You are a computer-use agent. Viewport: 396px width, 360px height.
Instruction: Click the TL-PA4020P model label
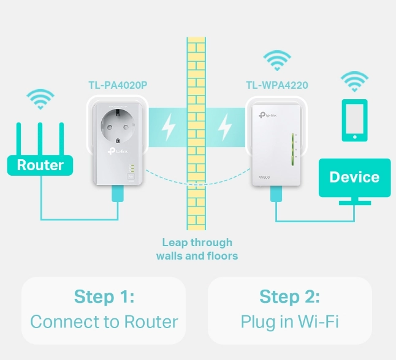(118, 85)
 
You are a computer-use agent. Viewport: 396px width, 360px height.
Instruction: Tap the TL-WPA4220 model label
(277, 85)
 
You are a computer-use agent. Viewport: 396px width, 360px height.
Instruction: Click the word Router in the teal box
(40, 165)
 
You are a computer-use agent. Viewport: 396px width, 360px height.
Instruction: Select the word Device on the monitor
(354, 177)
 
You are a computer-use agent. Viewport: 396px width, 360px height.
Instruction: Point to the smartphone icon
(354, 120)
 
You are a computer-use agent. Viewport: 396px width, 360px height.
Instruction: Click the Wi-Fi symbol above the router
(40, 99)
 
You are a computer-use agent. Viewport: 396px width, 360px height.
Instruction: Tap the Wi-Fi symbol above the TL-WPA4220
(277, 61)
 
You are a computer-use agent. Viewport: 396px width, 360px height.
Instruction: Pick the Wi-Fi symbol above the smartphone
(354, 81)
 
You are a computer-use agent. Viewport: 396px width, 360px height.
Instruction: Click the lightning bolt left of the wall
(168, 127)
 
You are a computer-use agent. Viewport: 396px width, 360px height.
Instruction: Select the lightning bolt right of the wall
(224, 127)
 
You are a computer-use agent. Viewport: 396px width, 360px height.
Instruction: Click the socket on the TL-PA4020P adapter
(118, 127)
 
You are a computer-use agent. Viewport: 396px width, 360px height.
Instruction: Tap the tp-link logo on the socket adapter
(118, 151)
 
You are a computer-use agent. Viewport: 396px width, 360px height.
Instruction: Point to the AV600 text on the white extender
(264, 178)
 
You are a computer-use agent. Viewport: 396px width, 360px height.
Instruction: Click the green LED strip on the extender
(292, 149)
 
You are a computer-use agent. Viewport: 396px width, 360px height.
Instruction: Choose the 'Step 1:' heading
(104, 296)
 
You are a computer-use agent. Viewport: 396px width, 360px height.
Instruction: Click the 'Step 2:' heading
(289, 296)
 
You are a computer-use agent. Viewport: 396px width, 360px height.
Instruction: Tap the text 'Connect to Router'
(104, 321)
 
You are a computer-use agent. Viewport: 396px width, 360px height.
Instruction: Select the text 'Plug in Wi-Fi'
(289, 322)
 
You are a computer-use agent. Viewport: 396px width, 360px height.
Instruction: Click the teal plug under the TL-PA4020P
(118, 193)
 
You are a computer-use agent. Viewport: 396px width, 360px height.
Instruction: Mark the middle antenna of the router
(40, 139)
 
